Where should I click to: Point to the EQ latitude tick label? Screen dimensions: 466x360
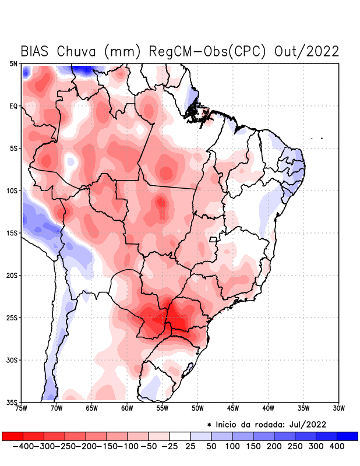click(x=13, y=106)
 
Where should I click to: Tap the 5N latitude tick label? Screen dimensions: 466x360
click(x=13, y=63)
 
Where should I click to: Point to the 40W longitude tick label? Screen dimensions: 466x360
click(x=268, y=408)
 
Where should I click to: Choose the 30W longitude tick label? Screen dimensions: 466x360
click(x=339, y=408)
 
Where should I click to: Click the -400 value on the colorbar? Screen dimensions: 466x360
click(x=22, y=446)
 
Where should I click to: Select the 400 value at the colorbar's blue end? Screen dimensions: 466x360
click(x=337, y=446)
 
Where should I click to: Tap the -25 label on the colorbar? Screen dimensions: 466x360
click(x=170, y=446)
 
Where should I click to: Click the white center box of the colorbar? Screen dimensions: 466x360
click(x=179, y=436)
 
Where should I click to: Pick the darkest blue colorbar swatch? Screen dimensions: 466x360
click(x=347, y=436)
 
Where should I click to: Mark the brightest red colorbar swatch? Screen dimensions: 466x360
click(x=12, y=436)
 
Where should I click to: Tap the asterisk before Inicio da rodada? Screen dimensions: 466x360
click(x=209, y=424)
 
